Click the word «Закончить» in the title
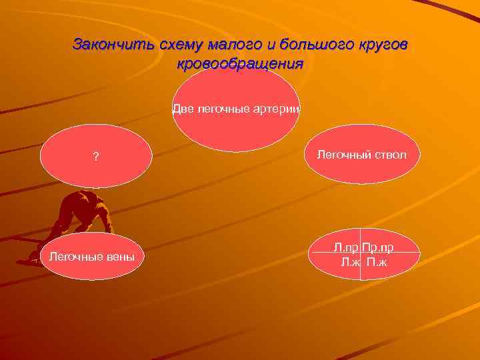tap(113, 45)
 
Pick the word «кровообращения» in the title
tap(240, 64)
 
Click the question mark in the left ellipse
tap(96, 157)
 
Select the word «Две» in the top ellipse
tap(182, 109)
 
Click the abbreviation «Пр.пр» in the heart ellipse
tap(378, 248)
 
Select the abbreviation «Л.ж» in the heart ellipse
tap(350, 261)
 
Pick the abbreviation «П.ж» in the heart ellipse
tap(376, 261)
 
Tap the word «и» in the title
tap(277, 45)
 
